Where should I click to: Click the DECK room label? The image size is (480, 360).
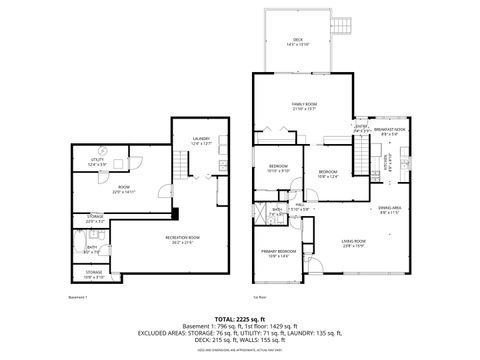pyautogui.click(x=297, y=40)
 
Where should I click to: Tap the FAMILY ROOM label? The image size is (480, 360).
pyautogui.click(x=304, y=106)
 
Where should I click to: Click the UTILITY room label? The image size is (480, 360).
pyautogui.click(x=97, y=161)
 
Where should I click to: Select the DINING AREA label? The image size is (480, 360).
pyautogui.click(x=390, y=209)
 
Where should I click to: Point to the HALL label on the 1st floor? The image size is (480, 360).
pyautogui.click(x=300, y=206)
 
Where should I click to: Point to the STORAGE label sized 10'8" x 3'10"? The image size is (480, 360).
pyautogui.click(x=93, y=273)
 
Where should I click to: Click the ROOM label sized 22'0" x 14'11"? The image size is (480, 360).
pyautogui.click(x=125, y=188)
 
